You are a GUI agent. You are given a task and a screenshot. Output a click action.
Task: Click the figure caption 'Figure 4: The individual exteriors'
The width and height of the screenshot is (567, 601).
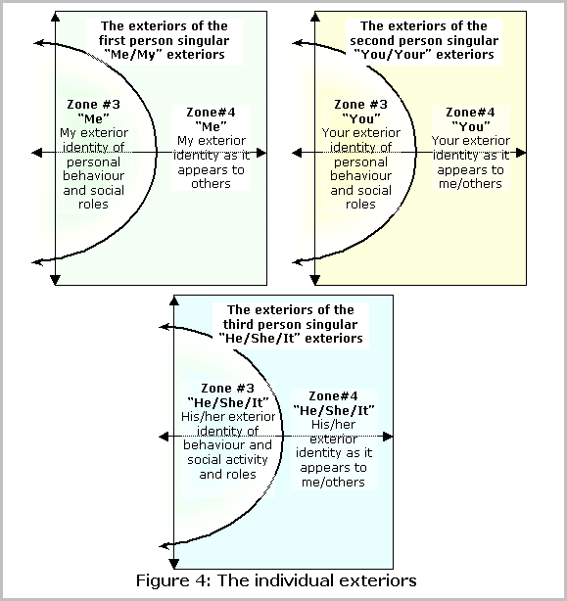coord(276,580)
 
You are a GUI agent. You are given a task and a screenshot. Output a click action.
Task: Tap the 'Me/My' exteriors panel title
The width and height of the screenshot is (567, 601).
coord(165,40)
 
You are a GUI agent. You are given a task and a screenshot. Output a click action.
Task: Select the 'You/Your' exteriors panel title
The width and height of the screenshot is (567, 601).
coord(424,40)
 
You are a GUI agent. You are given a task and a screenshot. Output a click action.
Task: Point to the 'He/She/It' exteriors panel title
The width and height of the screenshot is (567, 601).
coord(291,324)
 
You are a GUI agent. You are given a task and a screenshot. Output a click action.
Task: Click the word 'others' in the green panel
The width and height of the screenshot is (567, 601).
coord(211,184)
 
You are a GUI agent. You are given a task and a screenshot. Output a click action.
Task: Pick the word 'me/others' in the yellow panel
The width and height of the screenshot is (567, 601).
coord(470,184)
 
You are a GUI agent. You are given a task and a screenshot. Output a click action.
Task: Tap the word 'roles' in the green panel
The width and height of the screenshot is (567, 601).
coord(93,205)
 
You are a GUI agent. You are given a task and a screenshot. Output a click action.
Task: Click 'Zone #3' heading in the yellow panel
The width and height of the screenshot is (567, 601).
coord(360,105)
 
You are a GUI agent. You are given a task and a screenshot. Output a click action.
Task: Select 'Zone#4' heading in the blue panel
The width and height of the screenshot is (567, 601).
coord(333,396)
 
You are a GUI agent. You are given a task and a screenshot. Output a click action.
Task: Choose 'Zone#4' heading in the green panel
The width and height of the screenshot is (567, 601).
coord(211,113)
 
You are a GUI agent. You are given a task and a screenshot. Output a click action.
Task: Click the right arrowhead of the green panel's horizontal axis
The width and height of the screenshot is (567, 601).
coord(261,153)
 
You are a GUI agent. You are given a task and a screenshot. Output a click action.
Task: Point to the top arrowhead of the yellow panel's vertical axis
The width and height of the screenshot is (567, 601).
coord(315,17)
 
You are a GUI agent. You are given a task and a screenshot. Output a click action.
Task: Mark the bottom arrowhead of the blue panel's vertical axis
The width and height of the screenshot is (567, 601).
coord(174,564)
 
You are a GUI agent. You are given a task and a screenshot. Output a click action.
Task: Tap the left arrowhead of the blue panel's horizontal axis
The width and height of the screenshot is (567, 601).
coord(165,437)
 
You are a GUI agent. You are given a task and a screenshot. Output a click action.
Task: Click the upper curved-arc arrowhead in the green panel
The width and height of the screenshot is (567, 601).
coord(39,43)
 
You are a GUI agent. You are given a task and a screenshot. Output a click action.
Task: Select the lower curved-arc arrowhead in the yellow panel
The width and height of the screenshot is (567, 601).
coord(298,262)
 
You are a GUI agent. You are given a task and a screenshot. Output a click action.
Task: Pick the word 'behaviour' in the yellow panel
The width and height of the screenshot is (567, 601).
coord(360,176)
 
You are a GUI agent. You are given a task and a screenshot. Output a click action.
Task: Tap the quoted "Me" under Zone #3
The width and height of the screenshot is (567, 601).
coord(93,118)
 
